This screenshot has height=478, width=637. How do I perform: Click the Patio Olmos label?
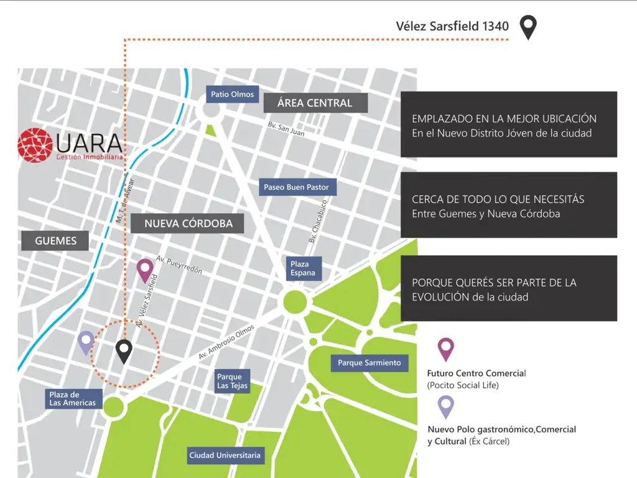[232, 95]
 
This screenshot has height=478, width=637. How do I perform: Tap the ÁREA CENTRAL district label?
[315, 103]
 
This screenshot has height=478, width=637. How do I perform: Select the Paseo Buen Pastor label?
[296, 187]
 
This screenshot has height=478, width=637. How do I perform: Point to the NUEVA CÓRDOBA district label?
[188, 223]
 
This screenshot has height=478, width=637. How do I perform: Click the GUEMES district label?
[55, 241]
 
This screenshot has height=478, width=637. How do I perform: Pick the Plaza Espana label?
[303, 268]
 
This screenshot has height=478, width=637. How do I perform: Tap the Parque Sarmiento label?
[370, 362]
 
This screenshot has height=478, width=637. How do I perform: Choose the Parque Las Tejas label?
[233, 381]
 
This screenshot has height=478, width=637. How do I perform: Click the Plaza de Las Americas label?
[73, 399]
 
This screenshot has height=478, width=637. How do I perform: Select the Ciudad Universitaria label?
[225, 456]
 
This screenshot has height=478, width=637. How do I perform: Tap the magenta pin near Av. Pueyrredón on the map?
[145, 269]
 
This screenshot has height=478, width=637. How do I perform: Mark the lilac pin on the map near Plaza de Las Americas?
[86, 342]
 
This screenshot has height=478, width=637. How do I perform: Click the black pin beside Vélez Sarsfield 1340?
[528, 26]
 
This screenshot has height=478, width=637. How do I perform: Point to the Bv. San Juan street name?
[286, 129]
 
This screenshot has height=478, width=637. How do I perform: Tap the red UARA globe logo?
[36, 145]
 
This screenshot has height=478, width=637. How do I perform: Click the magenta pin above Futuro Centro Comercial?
[446, 349]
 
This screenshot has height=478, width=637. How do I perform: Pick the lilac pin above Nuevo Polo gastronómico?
[446, 406]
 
